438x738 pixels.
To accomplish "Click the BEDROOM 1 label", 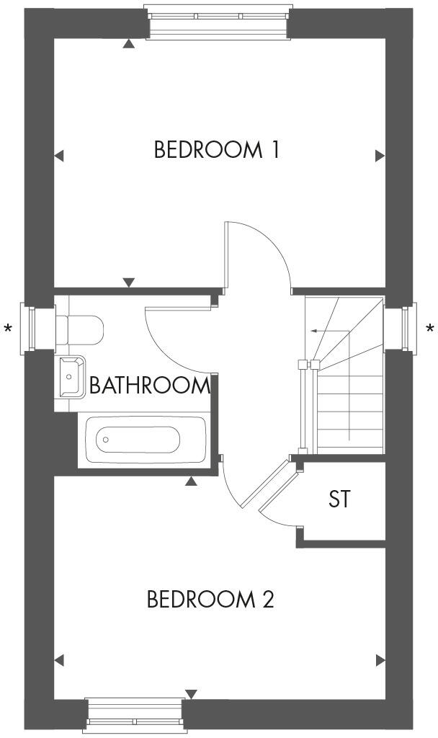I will point(216,150).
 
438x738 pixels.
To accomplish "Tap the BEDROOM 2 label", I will point(210,599).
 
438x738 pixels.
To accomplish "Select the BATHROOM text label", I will point(149,386).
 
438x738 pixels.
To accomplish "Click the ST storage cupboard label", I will point(339,499).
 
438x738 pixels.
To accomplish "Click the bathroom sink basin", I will point(70,375).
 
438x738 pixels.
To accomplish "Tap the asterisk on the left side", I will point(8,330).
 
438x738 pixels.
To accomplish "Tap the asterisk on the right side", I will point(430,330).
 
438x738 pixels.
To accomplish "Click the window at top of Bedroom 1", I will point(218,19).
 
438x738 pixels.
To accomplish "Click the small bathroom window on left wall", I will point(31,329).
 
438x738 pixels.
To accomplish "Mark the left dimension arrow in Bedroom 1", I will point(59,155).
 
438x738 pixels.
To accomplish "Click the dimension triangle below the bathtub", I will point(191,481).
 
